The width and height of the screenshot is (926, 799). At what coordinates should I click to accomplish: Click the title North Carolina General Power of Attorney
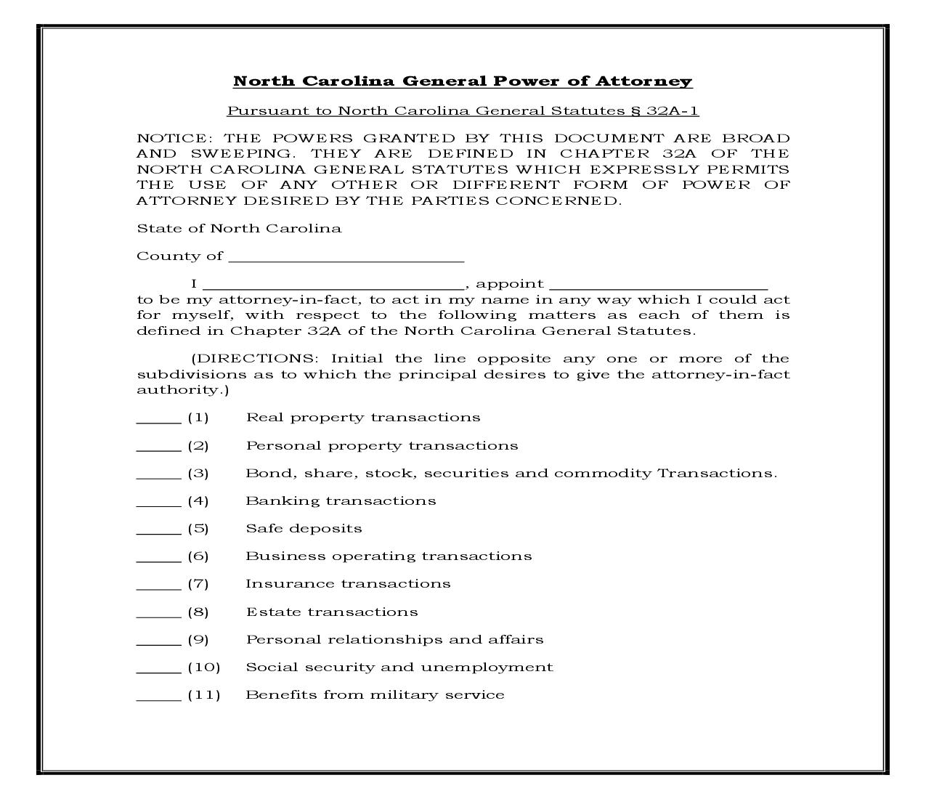point(463,81)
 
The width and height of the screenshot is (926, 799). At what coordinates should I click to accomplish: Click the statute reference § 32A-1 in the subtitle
point(663,110)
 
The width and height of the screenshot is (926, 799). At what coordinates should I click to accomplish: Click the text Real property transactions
point(363,418)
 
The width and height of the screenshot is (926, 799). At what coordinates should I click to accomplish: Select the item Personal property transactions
point(382,445)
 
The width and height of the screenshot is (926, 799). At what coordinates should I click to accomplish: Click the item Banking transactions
point(341,500)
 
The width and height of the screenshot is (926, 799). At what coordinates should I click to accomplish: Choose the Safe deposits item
point(304,528)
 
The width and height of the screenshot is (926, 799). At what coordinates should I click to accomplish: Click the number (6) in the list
point(198,556)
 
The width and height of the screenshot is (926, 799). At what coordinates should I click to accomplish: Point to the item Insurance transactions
point(348,584)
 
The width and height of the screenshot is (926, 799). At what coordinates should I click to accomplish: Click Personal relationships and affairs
point(394,640)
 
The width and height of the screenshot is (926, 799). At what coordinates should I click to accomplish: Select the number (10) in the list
point(204,668)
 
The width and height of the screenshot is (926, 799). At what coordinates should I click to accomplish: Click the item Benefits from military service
point(375,695)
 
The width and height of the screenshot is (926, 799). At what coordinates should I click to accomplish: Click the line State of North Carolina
point(239,229)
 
